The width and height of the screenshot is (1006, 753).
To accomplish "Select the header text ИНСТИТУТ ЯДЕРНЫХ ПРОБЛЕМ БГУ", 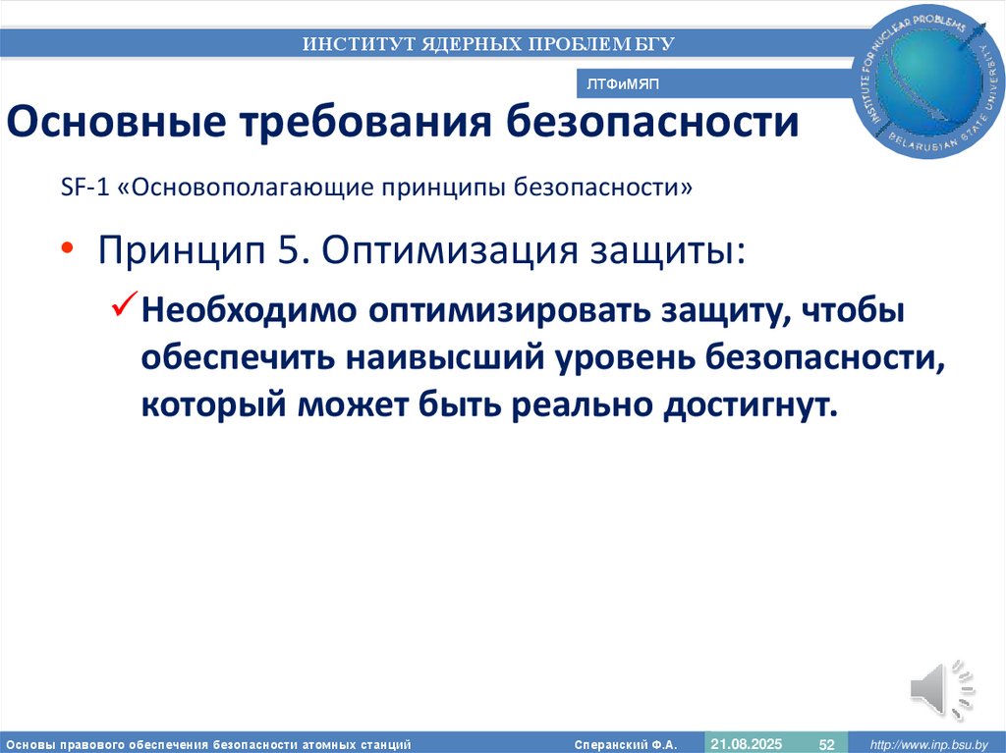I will pyautogui.click(x=488, y=43).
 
